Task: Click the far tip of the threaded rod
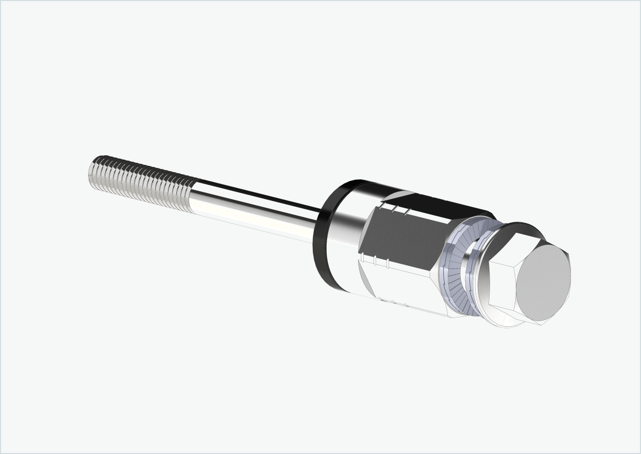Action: tap(93, 173)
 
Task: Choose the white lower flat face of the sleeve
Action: tap(407, 289)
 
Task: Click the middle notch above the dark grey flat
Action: tap(394, 209)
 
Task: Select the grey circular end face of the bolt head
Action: tap(544, 278)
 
